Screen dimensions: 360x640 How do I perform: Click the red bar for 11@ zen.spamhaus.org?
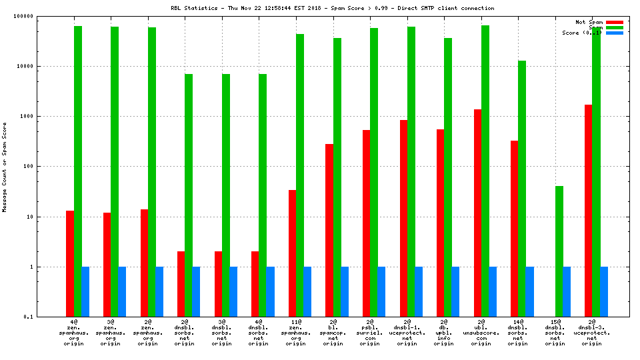[292, 253]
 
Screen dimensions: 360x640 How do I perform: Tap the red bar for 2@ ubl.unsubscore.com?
[477, 213]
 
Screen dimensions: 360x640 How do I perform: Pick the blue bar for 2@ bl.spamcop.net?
[345, 291]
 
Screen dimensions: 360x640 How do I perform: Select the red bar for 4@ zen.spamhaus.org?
[70, 263]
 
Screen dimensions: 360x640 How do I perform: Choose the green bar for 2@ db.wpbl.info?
[448, 177]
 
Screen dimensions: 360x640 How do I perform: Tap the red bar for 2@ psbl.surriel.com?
[366, 223]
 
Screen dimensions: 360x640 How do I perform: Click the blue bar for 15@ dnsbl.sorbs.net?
[567, 291]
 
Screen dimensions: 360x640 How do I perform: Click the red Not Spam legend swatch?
[614, 22]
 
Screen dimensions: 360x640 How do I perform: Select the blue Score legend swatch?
[614, 33]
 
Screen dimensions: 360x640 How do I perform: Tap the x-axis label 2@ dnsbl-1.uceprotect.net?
[407, 333]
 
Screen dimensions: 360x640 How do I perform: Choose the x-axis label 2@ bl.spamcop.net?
[333, 333]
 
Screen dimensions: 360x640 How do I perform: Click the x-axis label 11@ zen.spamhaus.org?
[296, 333]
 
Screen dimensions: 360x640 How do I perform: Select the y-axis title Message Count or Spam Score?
[5, 167]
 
